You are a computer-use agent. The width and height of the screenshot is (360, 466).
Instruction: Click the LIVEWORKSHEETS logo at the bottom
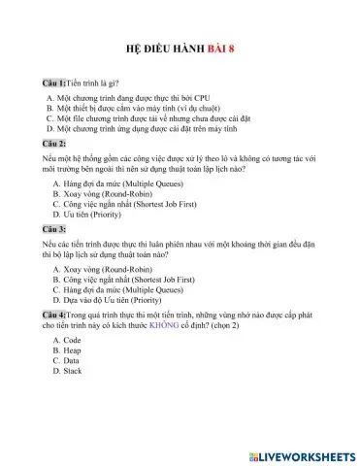302,454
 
